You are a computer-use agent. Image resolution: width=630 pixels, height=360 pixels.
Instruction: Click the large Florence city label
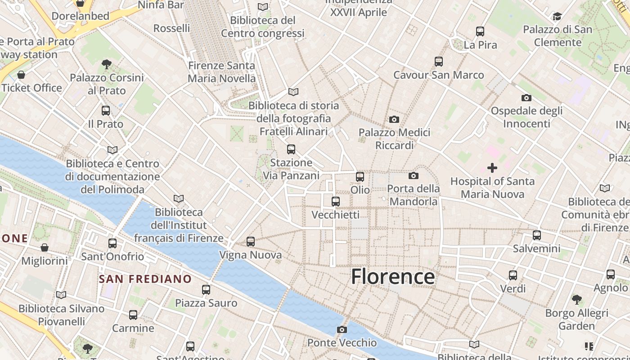pos(393,276)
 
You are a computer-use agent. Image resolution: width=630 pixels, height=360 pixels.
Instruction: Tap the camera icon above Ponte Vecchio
pos(342,330)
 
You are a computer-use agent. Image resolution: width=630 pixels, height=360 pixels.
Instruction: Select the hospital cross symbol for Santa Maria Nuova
pos(492,168)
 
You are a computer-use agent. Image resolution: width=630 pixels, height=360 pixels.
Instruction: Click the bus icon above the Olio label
pos(360,177)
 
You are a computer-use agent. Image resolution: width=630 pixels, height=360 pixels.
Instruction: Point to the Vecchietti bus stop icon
pos(335,202)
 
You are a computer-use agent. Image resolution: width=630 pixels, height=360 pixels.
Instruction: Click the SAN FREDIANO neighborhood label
pos(145,279)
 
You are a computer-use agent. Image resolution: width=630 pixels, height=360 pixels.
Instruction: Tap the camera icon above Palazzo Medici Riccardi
pos(394,119)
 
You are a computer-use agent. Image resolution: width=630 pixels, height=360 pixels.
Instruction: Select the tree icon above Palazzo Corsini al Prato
pos(107,64)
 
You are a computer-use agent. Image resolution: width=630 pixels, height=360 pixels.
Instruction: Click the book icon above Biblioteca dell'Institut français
pos(179,198)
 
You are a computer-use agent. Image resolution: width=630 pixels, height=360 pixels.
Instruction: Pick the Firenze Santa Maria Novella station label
pos(221,72)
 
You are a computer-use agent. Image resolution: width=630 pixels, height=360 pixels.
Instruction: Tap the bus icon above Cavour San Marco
pos(439,62)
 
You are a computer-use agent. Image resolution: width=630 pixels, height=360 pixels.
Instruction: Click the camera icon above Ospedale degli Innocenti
pos(526,98)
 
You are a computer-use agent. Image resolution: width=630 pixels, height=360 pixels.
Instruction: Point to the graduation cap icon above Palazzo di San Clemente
pos(557,17)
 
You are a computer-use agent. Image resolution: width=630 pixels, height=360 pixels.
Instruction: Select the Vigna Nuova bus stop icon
pos(251,242)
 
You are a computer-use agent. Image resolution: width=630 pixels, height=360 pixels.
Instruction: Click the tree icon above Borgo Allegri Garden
pos(576,299)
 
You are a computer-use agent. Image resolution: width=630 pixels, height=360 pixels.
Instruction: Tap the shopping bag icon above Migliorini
pos(45,247)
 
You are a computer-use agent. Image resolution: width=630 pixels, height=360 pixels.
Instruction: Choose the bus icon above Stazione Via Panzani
pos(291,149)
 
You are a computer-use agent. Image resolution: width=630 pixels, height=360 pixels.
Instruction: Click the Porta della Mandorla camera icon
pos(414,175)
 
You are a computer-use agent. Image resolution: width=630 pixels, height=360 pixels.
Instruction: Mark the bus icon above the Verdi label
pos(513,275)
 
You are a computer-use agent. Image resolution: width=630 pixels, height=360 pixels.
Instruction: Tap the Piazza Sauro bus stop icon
pos(206,290)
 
